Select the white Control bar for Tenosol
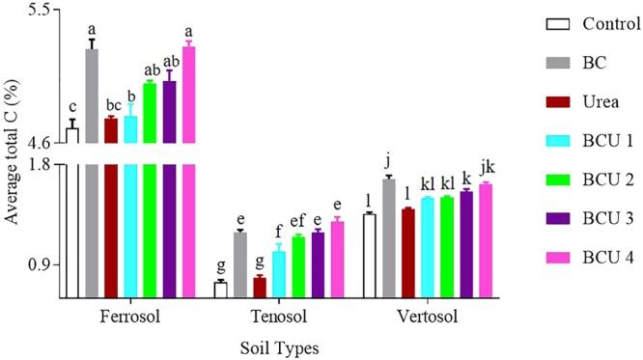[x=220, y=289]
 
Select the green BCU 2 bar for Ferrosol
[x=150, y=193]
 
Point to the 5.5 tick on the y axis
[x=43, y=11]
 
